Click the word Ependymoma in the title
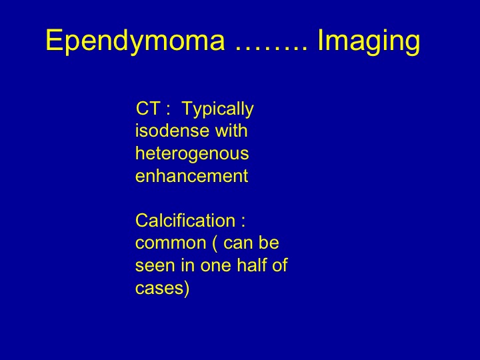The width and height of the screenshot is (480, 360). (135, 41)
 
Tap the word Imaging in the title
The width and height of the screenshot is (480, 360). (369, 41)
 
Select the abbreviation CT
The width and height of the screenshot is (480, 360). (148, 108)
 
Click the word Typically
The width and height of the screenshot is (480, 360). (217, 109)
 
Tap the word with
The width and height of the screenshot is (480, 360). (231, 131)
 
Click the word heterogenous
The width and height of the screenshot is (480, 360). (192, 154)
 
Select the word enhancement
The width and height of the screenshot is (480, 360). (191, 176)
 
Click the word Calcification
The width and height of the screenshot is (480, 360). (185, 220)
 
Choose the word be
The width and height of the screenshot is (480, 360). (269, 243)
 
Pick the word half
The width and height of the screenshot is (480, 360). (251, 265)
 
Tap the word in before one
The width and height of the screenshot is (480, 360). (188, 265)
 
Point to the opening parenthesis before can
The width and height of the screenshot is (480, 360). (215, 244)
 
